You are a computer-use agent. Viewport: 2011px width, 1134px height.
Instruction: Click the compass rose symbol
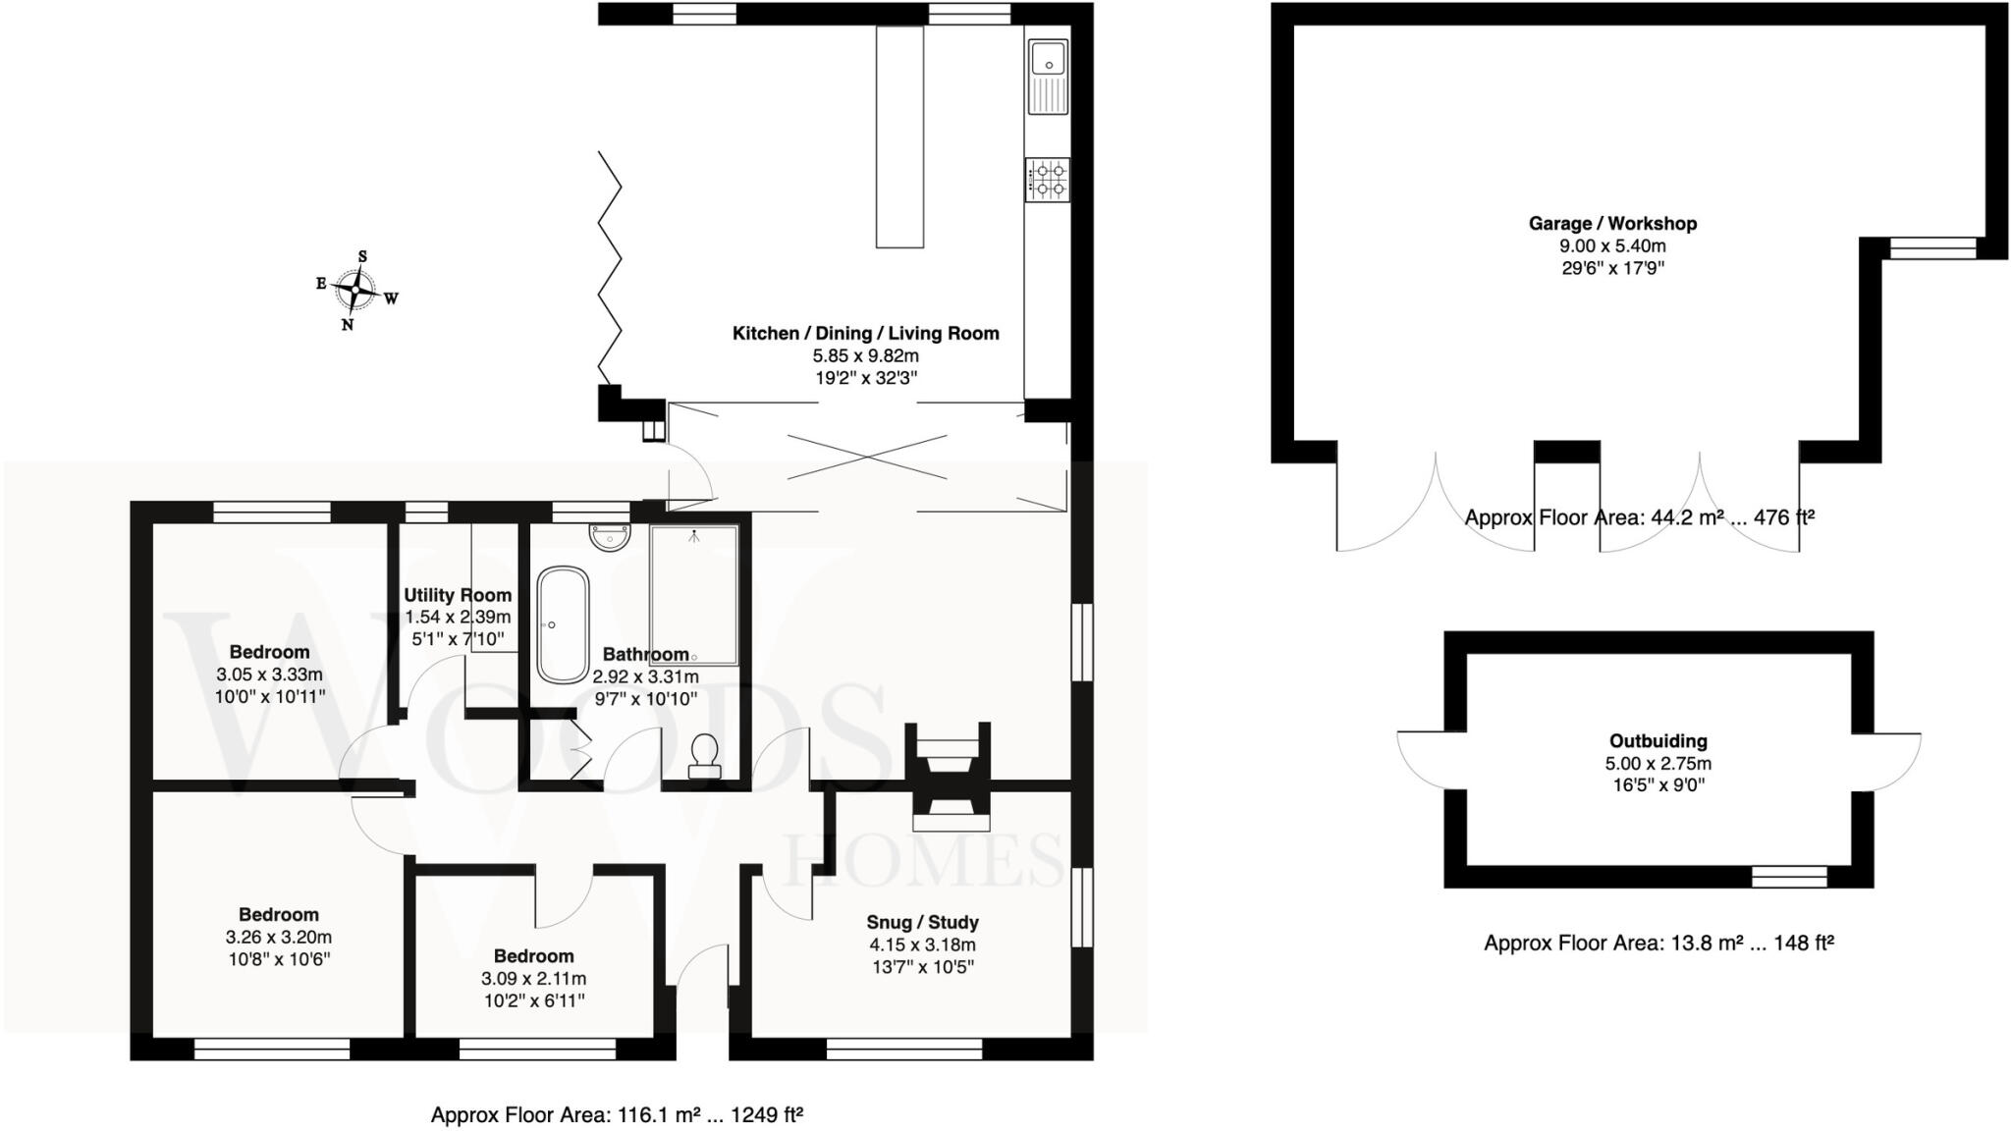point(355,290)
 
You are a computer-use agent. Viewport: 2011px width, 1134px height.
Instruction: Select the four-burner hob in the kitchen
point(1048,180)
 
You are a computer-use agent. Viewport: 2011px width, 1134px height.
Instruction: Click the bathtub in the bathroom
point(563,624)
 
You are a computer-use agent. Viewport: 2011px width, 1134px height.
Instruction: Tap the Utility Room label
point(458,595)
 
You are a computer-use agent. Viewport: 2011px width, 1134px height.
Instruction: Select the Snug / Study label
point(922,922)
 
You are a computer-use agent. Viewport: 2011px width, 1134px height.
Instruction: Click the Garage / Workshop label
point(1612,224)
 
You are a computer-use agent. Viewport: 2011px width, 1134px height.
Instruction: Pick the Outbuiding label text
point(1658,741)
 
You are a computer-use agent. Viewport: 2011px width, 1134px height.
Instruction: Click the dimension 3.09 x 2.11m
point(533,979)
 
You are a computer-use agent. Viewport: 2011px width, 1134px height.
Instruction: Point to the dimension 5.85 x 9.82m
point(865,355)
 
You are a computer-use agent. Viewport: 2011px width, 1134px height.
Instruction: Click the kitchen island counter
point(899,137)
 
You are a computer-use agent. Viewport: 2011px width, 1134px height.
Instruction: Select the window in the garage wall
point(1932,248)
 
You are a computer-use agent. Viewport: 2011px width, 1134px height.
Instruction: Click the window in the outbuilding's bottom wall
point(1789,877)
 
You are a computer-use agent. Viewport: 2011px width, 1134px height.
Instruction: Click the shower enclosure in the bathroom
point(693,595)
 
